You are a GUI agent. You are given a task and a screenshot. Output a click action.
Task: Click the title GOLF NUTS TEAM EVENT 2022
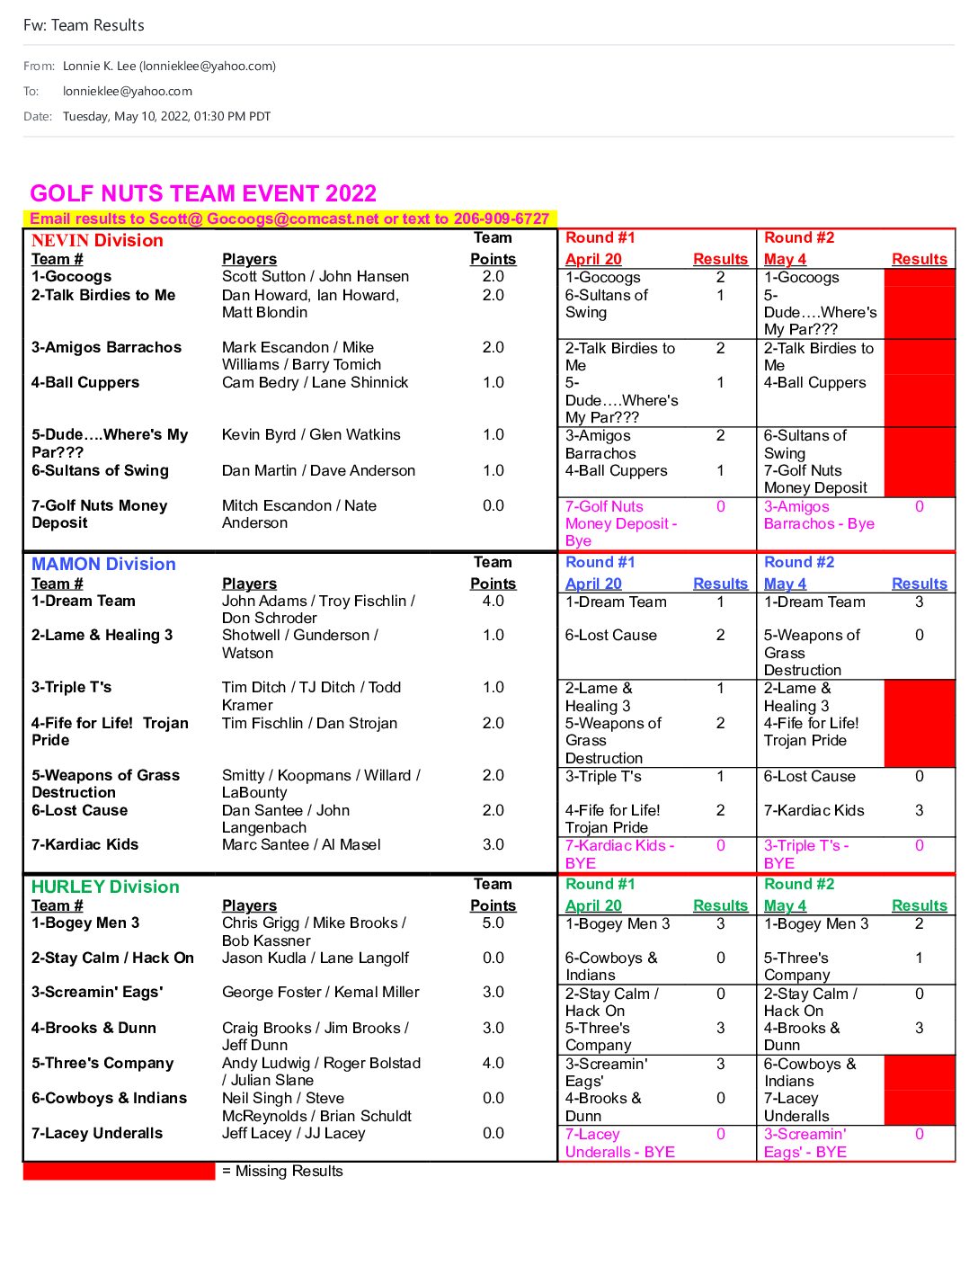click(203, 193)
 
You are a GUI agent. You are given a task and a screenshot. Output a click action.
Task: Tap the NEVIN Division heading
click(97, 240)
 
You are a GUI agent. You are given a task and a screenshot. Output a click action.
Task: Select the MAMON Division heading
click(103, 564)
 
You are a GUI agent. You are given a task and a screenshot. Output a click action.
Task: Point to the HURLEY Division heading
click(105, 887)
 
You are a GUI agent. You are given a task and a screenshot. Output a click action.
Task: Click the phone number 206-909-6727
click(501, 218)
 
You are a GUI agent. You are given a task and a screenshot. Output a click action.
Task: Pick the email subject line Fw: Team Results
click(84, 25)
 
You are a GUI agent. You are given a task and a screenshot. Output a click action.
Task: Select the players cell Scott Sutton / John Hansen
click(315, 276)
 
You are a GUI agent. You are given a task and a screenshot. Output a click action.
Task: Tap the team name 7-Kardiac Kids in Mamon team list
click(84, 844)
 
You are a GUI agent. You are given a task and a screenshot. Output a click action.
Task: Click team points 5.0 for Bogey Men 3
click(493, 923)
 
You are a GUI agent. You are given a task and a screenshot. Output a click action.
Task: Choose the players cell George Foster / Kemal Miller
click(320, 992)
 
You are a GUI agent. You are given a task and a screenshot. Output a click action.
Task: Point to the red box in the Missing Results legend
click(119, 1171)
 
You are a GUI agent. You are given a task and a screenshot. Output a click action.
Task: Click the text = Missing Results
click(282, 1171)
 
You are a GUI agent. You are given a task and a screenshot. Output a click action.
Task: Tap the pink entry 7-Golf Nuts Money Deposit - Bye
click(620, 523)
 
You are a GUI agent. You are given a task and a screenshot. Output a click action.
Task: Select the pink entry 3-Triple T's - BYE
click(805, 853)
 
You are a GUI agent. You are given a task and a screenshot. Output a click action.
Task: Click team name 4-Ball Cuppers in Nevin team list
click(85, 382)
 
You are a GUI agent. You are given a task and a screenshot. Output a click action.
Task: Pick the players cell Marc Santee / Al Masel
click(301, 844)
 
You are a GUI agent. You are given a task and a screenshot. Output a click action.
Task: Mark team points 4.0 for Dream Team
click(493, 601)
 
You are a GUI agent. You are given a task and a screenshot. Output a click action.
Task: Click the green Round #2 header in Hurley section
click(798, 884)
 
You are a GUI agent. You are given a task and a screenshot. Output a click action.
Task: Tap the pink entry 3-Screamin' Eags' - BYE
click(805, 1143)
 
